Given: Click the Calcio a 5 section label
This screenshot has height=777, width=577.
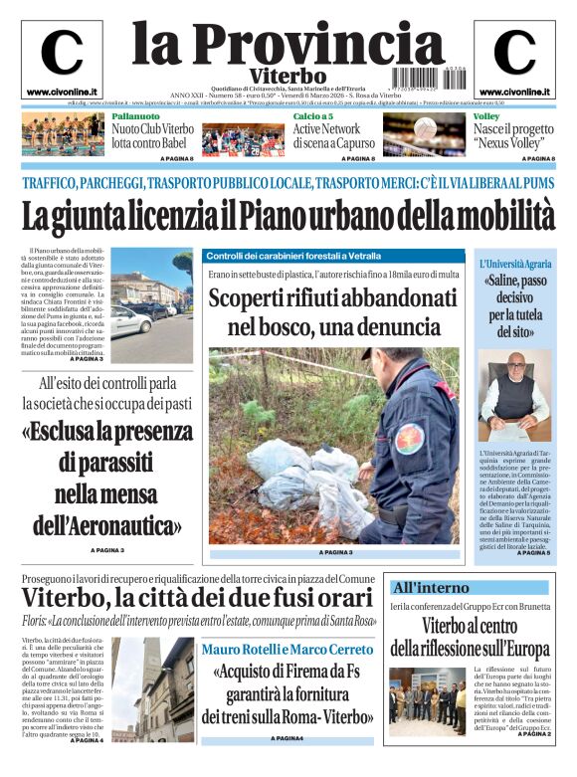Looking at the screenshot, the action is [x=315, y=117].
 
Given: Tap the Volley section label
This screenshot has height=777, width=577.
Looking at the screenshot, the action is [x=487, y=117].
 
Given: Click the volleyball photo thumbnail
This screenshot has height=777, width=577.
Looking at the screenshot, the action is [x=438, y=136].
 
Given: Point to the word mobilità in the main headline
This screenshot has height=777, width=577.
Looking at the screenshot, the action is [x=503, y=215].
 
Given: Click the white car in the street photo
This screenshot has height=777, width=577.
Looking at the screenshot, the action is [x=130, y=320].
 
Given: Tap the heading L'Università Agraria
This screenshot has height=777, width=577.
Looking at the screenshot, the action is [x=514, y=264].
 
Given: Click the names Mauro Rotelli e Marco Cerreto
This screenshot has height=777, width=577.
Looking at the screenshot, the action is [x=288, y=649].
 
